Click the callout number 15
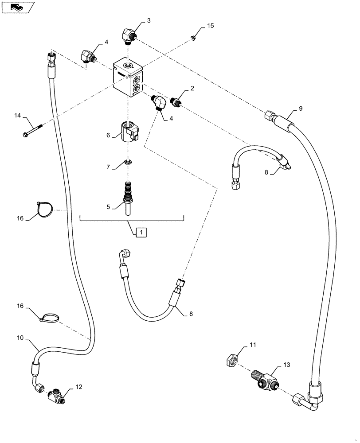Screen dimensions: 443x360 210,26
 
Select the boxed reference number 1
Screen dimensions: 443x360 140,231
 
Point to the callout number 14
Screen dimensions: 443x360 17,116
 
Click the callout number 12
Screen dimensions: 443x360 78,387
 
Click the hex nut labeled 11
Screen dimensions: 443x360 231,361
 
